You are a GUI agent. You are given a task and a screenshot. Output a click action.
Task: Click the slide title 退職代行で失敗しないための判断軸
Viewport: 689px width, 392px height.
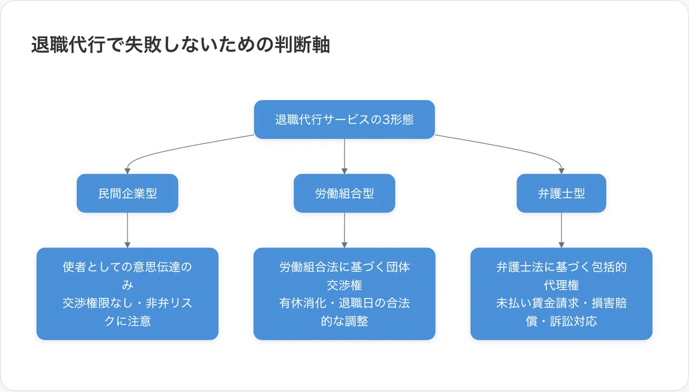[x=180, y=45]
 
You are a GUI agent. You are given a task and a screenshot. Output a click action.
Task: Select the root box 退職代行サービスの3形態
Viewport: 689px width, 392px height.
[x=344, y=119]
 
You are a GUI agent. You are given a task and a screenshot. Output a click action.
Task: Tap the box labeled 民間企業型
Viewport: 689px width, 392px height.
[x=128, y=193]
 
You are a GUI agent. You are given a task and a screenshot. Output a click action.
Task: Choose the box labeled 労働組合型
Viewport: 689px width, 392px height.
[x=344, y=193]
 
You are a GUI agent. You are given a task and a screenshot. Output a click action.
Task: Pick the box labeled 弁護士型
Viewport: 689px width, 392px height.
[x=561, y=193]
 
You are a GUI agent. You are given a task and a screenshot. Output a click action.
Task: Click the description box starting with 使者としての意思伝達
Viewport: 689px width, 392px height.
[x=128, y=294]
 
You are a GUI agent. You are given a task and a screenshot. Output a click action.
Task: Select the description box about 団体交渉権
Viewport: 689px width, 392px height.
[x=344, y=294]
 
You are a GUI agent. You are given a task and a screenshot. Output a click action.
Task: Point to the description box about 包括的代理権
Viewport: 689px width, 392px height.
[x=561, y=294]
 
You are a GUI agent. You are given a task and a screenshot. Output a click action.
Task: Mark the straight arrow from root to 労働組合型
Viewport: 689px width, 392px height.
[x=344, y=156]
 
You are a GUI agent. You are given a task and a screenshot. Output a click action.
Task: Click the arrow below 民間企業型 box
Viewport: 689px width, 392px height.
[x=128, y=230]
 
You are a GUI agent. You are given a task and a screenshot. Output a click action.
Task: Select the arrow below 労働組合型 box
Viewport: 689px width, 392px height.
[x=344, y=230]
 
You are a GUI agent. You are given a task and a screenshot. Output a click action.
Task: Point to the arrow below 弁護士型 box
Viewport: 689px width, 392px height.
[x=561, y=230]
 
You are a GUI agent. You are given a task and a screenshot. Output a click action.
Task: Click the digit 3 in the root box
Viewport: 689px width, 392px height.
[x=386, y=119]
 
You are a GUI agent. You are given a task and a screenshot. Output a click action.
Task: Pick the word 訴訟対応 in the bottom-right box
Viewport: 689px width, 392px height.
[x=573, y=322]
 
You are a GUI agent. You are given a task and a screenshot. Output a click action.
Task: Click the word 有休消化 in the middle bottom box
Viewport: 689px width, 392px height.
[x=303, y=303]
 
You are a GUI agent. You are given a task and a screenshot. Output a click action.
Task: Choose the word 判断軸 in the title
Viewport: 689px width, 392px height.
[x=303, y=45]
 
